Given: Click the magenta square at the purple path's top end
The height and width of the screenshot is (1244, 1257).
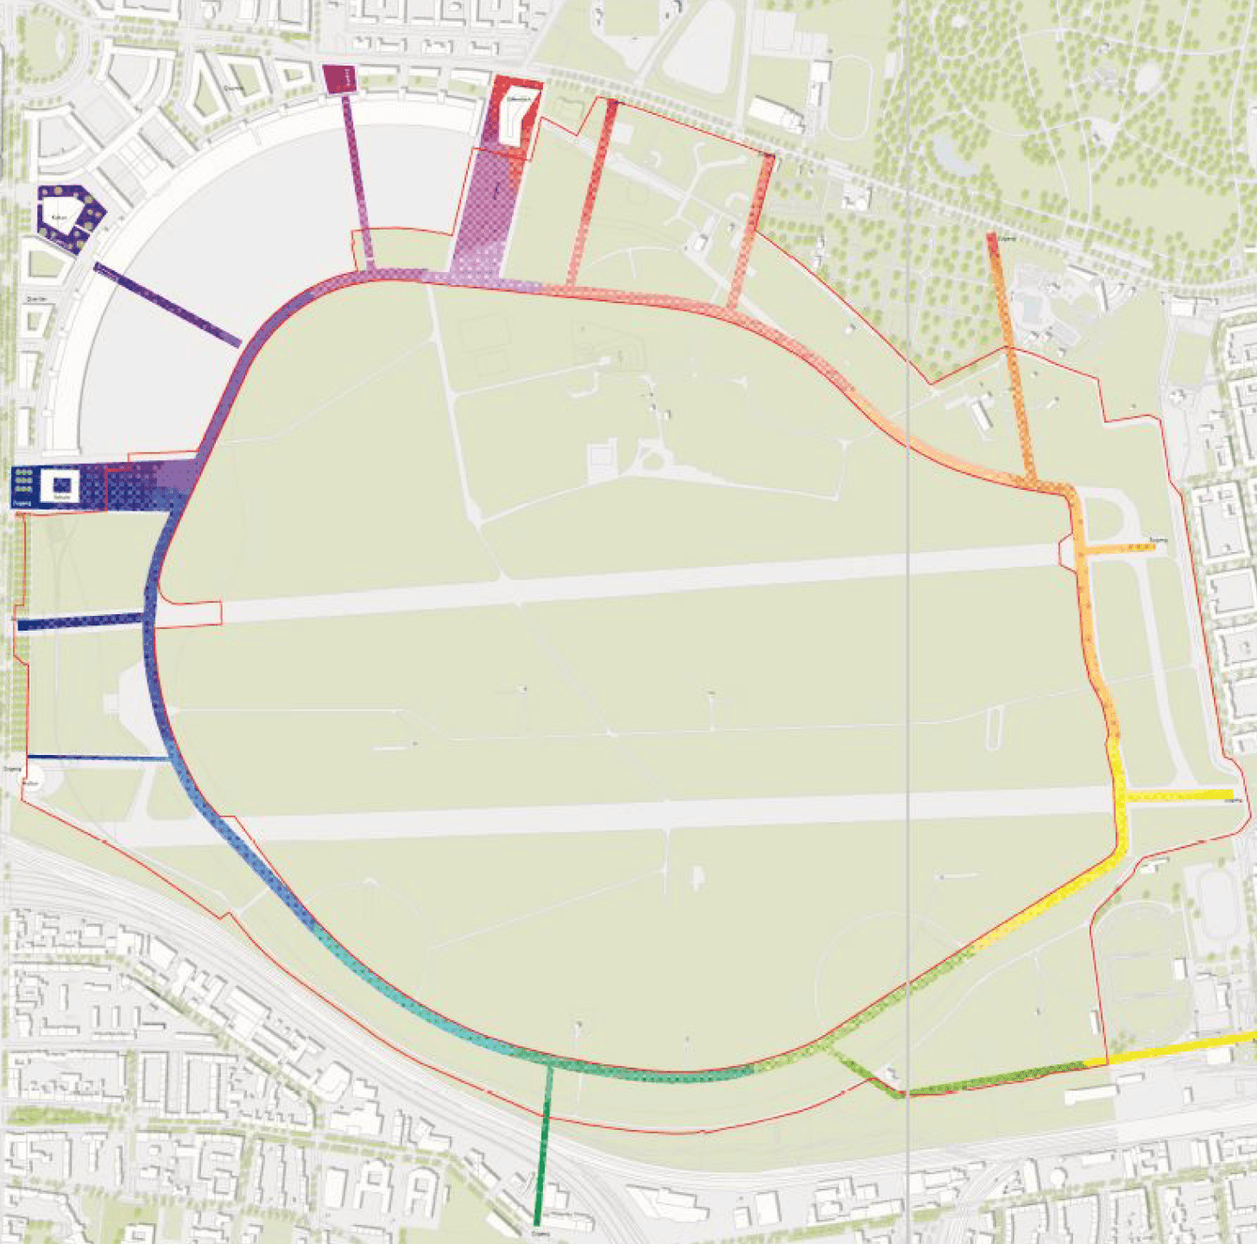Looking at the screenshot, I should click(x=338, y=78).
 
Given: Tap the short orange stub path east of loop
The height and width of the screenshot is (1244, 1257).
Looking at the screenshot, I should click(x=1118, y=548).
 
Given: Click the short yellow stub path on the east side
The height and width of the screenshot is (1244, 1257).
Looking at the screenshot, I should click(x=1179, y=795).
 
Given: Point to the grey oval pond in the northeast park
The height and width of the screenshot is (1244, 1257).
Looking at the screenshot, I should click(x=947, y=156).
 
